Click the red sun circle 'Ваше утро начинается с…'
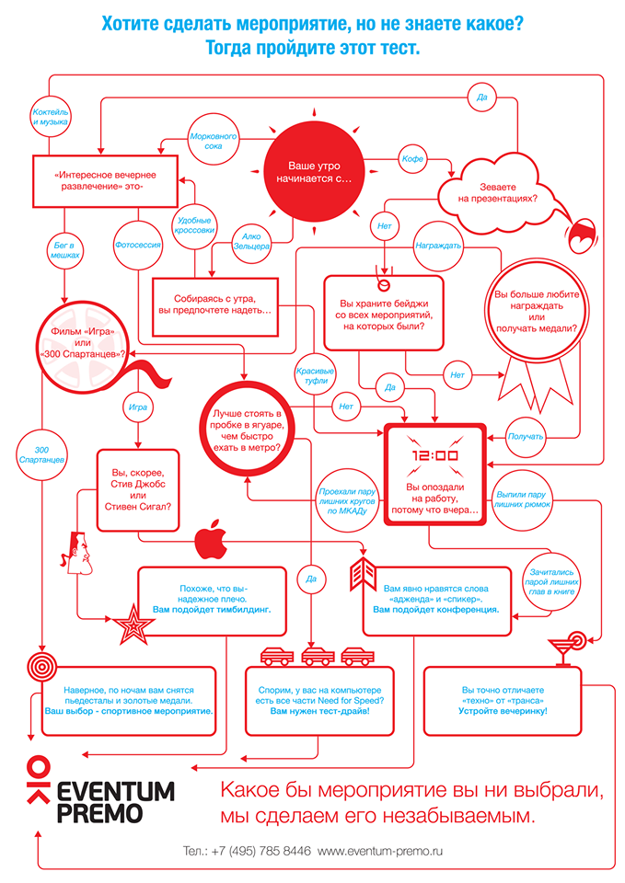pyautogui.click(x=307, y=172)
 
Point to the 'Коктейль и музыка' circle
pyautogui.click(x=52, y=116)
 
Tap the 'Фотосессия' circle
pyautogui.click(x=137, y=246)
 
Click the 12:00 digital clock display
pyautogui.click(x=434, y=455)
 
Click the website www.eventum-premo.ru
pyautogui.click(x=380, y=852)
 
